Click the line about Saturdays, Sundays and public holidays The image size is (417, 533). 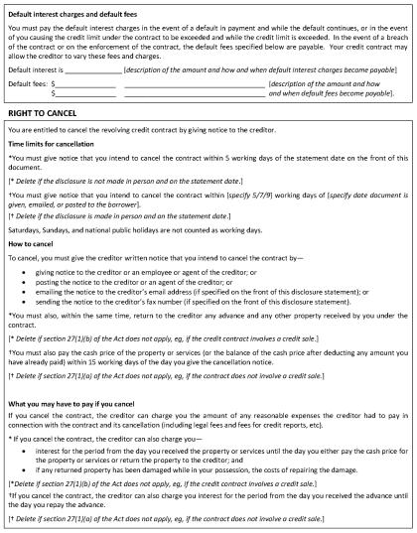134,229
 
